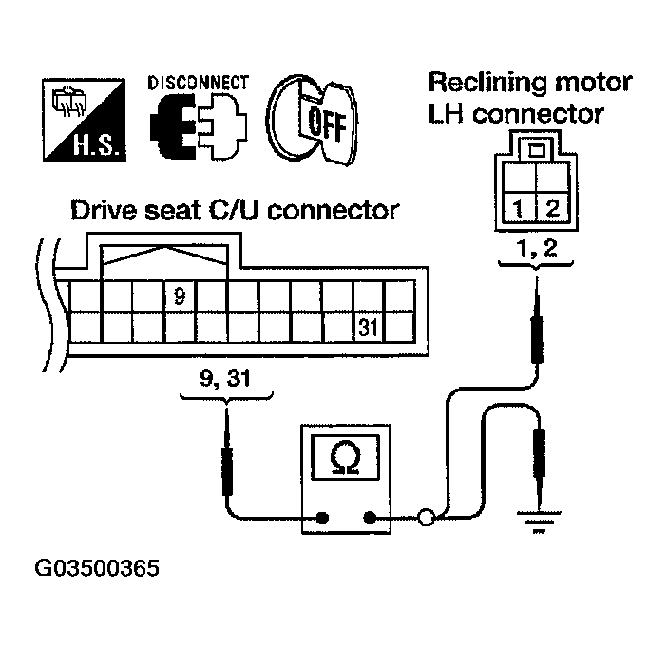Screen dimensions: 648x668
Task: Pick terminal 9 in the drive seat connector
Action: pyautogui.click(x=179, y=296)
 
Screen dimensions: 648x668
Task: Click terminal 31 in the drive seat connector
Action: pyautogui.click(x=368, y=328)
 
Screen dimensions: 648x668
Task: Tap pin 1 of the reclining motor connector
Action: pyautogui.click(x=520, y=206)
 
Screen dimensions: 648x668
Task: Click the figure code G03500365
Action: pyautogui.click(x=97, y=570)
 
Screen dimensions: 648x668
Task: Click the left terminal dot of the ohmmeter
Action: pyautogui.click(x=322, y=518)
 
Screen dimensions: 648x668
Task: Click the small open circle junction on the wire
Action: pyautogui.click(x=427, y=518)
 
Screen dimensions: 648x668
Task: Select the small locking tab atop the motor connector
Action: pyautogui.click(x=536, y=149)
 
